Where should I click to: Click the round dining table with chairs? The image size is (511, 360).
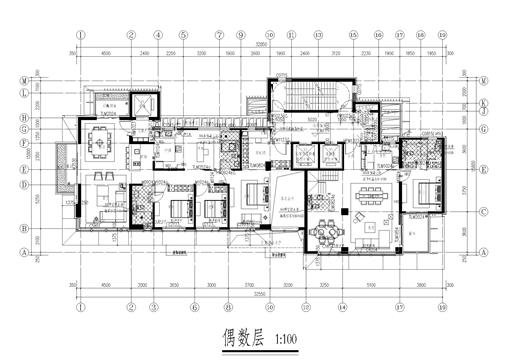[324, 232]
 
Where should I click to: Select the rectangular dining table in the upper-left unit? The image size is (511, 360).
[100, 142]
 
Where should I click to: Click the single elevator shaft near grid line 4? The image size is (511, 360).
[143, 105]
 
